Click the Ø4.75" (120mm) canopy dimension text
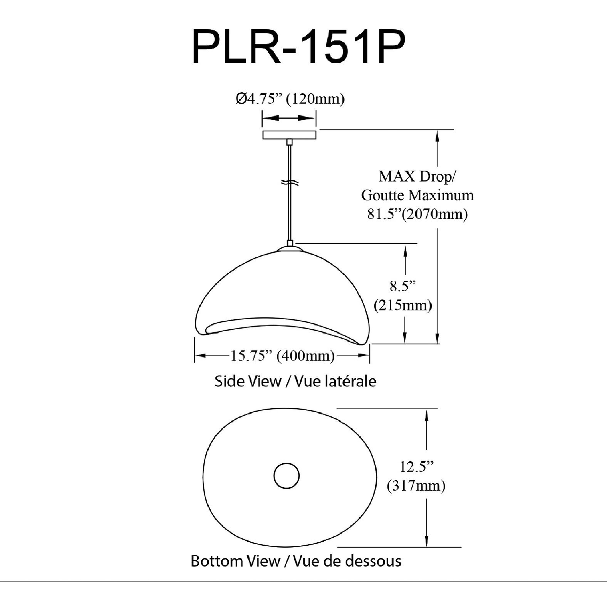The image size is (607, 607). pos(290,99)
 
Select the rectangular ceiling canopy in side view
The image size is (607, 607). pos(289,135)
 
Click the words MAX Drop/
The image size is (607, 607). pos(417,177)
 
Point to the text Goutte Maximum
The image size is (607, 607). pos(417,195)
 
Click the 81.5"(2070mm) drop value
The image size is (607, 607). pos(417,214)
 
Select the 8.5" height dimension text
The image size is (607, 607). pos(403,287)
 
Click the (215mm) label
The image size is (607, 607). pos(403,305)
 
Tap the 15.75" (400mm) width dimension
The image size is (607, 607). pos(282,355)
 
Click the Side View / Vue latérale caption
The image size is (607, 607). pos(295,381)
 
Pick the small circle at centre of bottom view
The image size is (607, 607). pos(287,476)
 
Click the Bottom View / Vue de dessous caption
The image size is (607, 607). pos(296,561)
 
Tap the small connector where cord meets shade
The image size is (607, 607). pos(290,243)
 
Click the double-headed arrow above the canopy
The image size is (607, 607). pos(289,119)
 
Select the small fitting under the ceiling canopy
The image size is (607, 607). pos(290,143)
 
